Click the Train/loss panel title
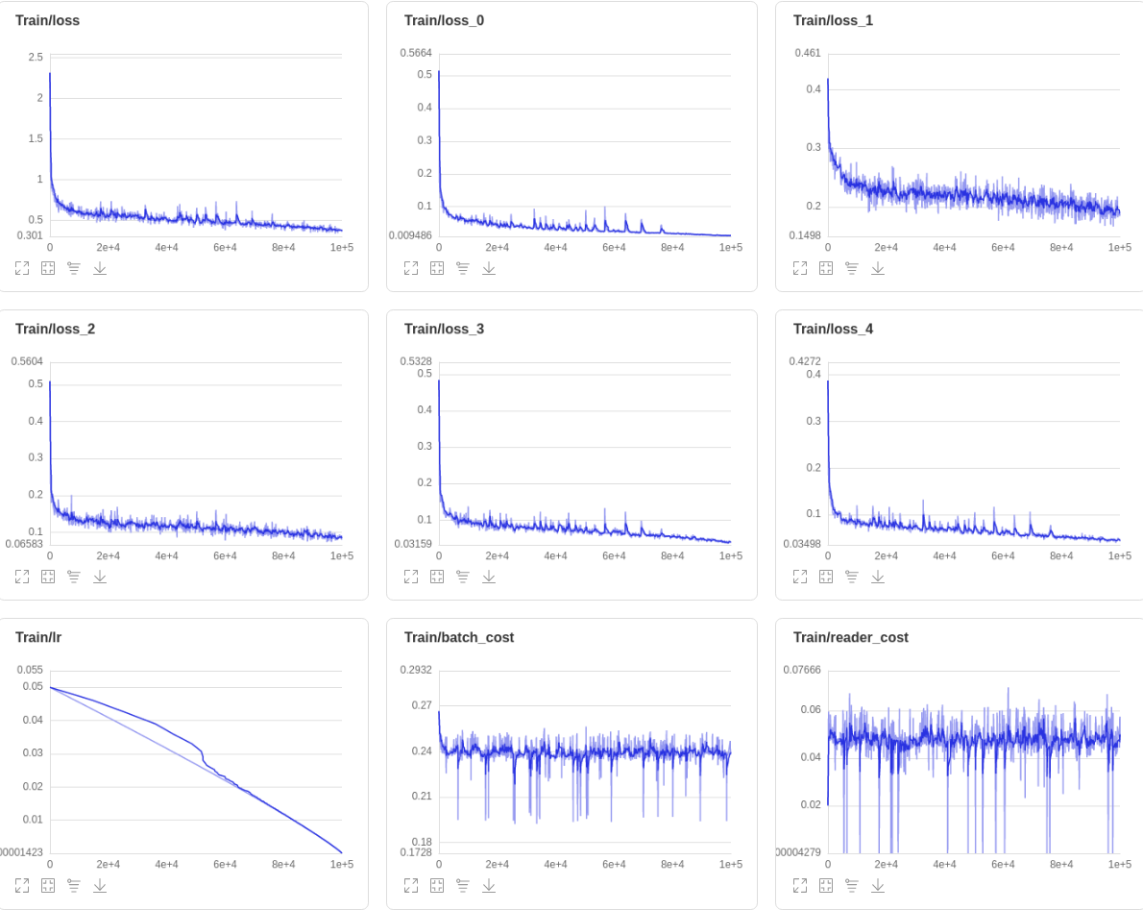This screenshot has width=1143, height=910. pos(47,20)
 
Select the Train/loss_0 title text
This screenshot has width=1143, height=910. pos(444,20)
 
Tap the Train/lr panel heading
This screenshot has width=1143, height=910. pos(38,637)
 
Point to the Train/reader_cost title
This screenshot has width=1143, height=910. pos(850,637)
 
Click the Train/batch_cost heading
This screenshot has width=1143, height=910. pos(458,637)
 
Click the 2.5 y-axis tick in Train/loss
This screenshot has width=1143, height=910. pos(36,57)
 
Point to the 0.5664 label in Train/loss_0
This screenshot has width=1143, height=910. pos(416,53)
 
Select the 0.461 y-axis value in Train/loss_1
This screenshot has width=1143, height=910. pos(808,53)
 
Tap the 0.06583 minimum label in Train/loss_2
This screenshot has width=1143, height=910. pos(25,544)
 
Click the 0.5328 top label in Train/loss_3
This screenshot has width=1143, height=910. pos(416,361)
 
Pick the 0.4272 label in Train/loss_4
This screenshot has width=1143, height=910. pos(805,361)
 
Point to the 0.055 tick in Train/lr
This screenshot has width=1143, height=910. pos(30,670)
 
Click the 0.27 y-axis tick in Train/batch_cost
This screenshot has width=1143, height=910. pos(422,705)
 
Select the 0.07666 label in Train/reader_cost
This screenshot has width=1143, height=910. pos(802,670)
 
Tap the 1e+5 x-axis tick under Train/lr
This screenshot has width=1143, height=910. pos(341,864)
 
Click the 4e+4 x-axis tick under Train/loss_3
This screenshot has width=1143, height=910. pos(555,555)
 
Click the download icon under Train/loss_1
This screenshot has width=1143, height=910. pos(877,268)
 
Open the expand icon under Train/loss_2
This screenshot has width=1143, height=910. pos(22,577)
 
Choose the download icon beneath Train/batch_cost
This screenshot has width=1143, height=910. pos(488,885)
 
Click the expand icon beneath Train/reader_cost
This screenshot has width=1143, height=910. pos(800,885)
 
